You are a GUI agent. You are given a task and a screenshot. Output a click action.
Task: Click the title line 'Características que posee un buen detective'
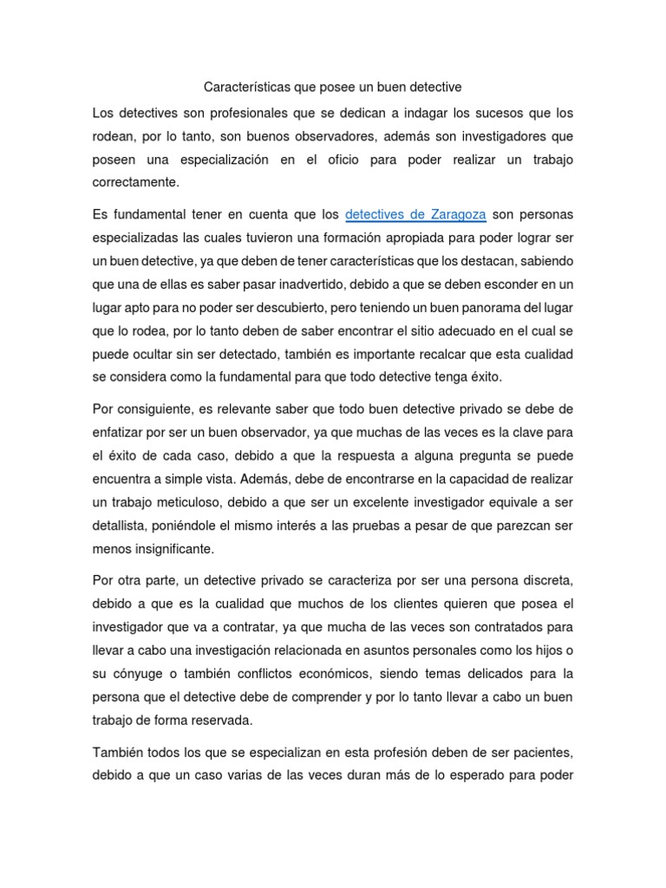click(x=332, y=87)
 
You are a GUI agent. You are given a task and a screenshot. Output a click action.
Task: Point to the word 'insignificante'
click(x=170, y=548)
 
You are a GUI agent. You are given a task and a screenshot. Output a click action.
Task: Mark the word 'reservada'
click(x=229, y=719)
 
